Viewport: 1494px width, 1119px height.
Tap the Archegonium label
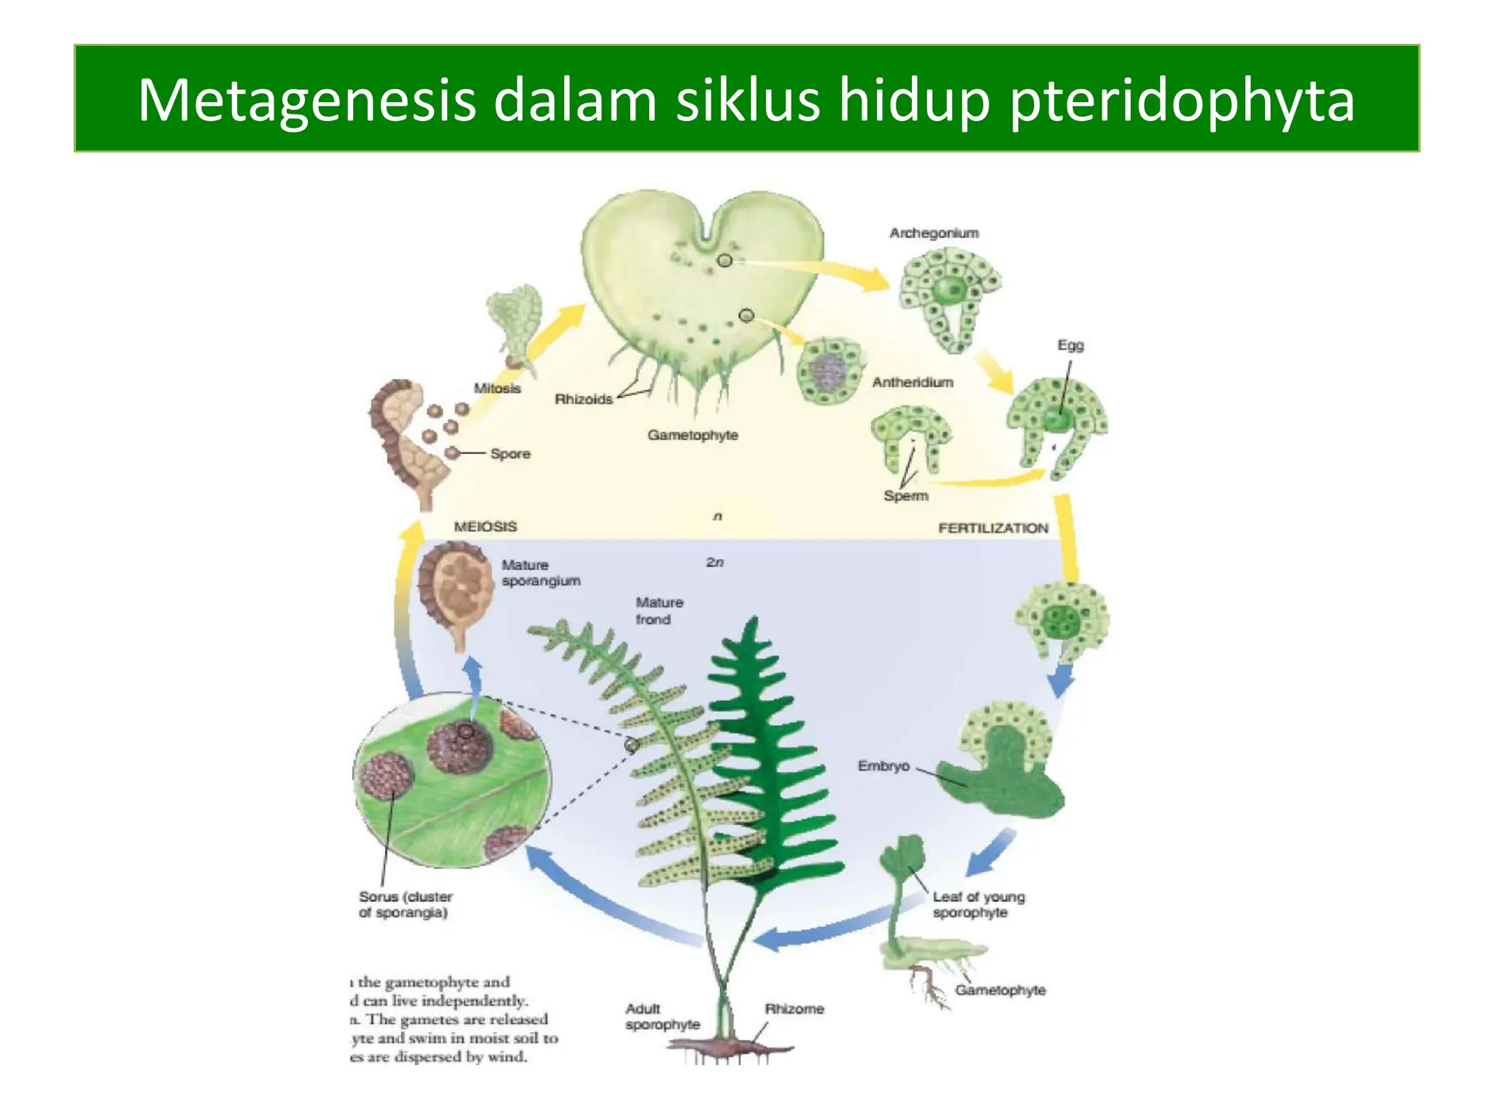(934, 233)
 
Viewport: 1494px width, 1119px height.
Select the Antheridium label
(913, 382)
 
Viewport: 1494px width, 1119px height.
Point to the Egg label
(1070, 345)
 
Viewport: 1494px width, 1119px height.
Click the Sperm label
(906, 496)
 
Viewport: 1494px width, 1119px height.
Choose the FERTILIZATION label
(993, 528)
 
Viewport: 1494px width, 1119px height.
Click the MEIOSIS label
(485, 526)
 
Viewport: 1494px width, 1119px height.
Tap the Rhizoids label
(584, 399)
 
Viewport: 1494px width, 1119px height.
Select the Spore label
(510, 453)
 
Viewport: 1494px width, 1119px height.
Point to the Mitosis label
(497, 388)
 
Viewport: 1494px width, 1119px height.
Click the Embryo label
(883, 766)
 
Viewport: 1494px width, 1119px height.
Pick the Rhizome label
(794, 1009)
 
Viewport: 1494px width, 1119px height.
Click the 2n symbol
(715, 562)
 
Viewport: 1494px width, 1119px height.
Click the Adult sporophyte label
(662, 1017)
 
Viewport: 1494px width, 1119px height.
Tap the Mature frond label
(659, 611)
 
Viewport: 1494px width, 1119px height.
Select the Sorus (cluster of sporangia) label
(405, 905)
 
